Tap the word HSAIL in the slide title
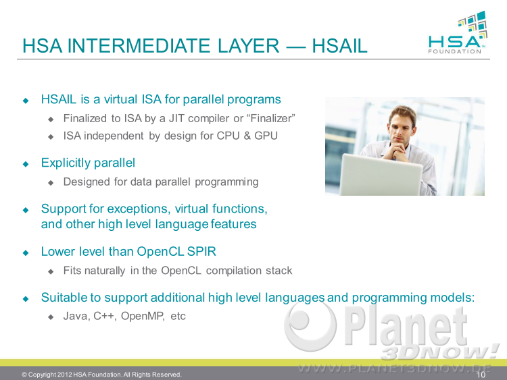[x=339, y=45]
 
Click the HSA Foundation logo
[x=458, y=32]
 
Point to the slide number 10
[x=481, y=375]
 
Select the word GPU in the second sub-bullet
[x=266, y=136]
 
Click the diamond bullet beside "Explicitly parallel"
[x=26, y=164]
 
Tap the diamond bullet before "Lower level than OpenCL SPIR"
[x=26, y=252]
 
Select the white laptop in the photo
[x=381, y=173]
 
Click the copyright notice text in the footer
[x=101, y=375]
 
